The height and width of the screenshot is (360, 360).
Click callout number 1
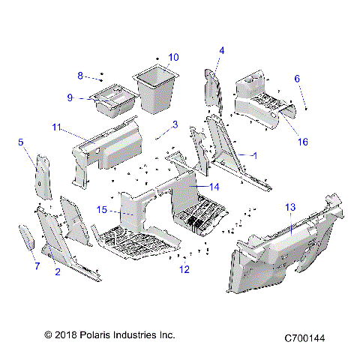click(255, 155)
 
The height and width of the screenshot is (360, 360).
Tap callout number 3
click(174, 124)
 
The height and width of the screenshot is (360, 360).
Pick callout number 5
click(20, 141)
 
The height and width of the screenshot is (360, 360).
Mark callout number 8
click(80, 75)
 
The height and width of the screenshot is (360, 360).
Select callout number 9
click(70, 97)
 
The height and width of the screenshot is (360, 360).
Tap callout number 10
click(173, 57)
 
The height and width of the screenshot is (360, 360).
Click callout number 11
click(57, 128)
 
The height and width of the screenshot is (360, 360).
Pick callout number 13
click(290, 206)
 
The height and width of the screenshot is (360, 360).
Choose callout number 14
click(214, 186)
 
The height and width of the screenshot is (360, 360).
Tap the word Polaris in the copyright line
click(97, 334)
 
